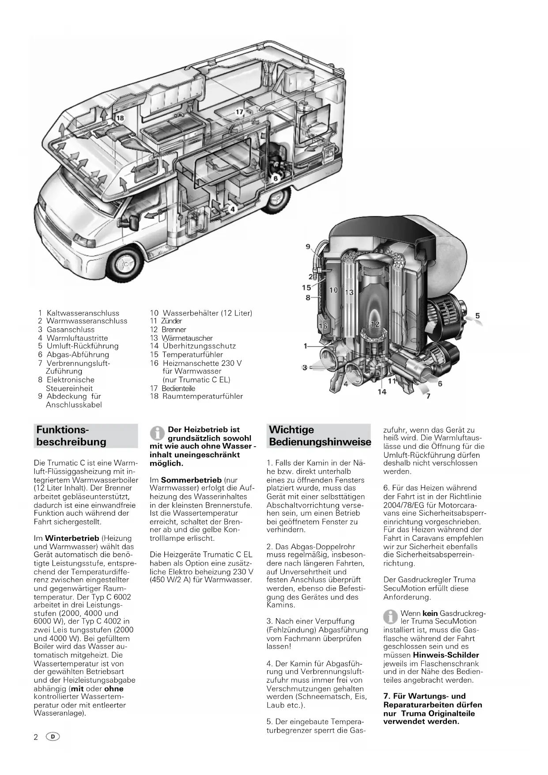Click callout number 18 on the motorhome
120,118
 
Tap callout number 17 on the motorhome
239,112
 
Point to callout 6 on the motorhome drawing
275,179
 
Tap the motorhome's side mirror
131,220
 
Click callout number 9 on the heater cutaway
308,247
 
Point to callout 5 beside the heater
477,316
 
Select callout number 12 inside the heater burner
375,324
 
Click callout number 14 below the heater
382,391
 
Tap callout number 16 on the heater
323,326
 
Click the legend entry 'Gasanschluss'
71,330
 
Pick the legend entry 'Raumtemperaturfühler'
202,396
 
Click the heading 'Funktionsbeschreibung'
71,436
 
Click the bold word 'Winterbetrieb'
72,538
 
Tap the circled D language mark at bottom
53,737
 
